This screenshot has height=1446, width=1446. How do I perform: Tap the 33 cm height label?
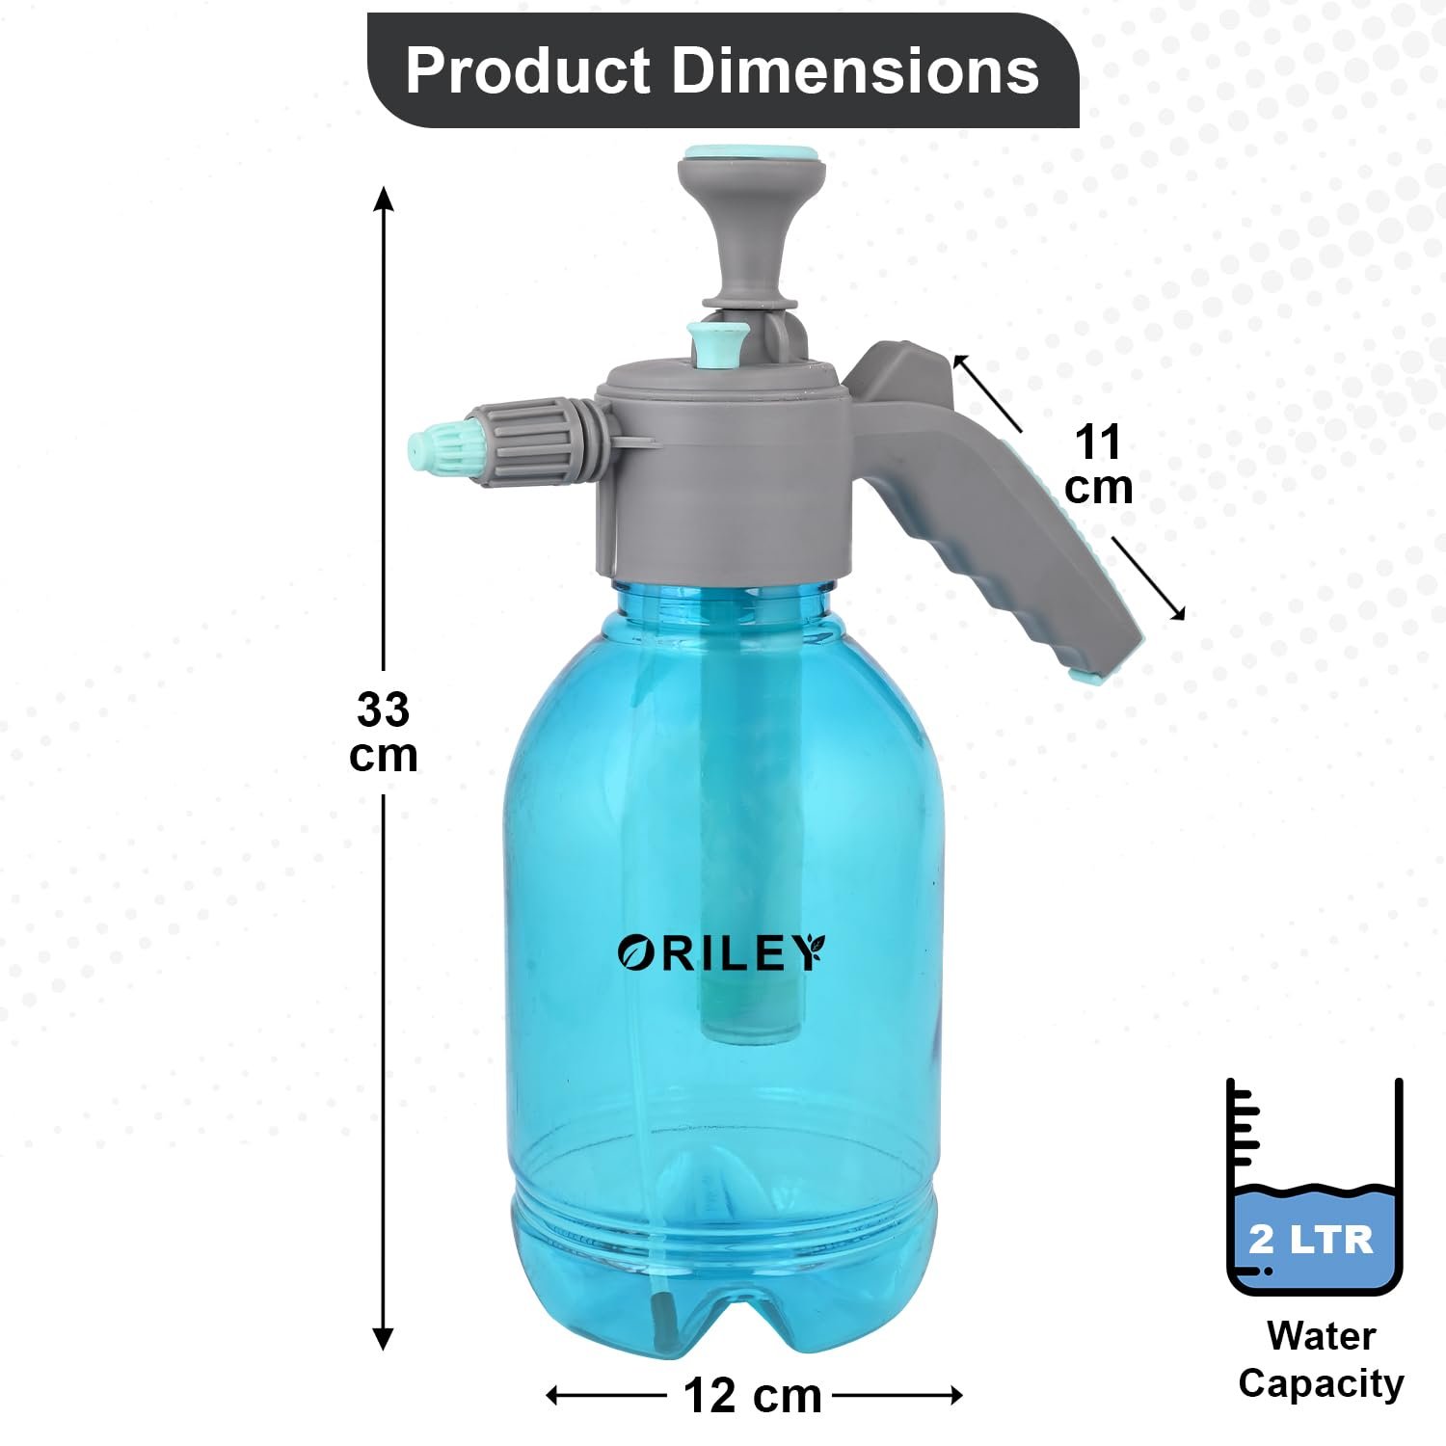(x=384, y=733)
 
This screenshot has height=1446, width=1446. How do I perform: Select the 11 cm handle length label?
(x=1098, y=465)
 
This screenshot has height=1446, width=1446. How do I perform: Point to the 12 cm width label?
(x=752, y=1396)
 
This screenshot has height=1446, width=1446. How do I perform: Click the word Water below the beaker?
(x=1321, y=1336)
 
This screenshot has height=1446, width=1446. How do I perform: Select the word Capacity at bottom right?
(x=1321, y=1383)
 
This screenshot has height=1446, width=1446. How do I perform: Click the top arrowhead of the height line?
(x=384, y=198)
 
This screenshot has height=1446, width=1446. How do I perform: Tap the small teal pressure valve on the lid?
(x=718, y=342)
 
